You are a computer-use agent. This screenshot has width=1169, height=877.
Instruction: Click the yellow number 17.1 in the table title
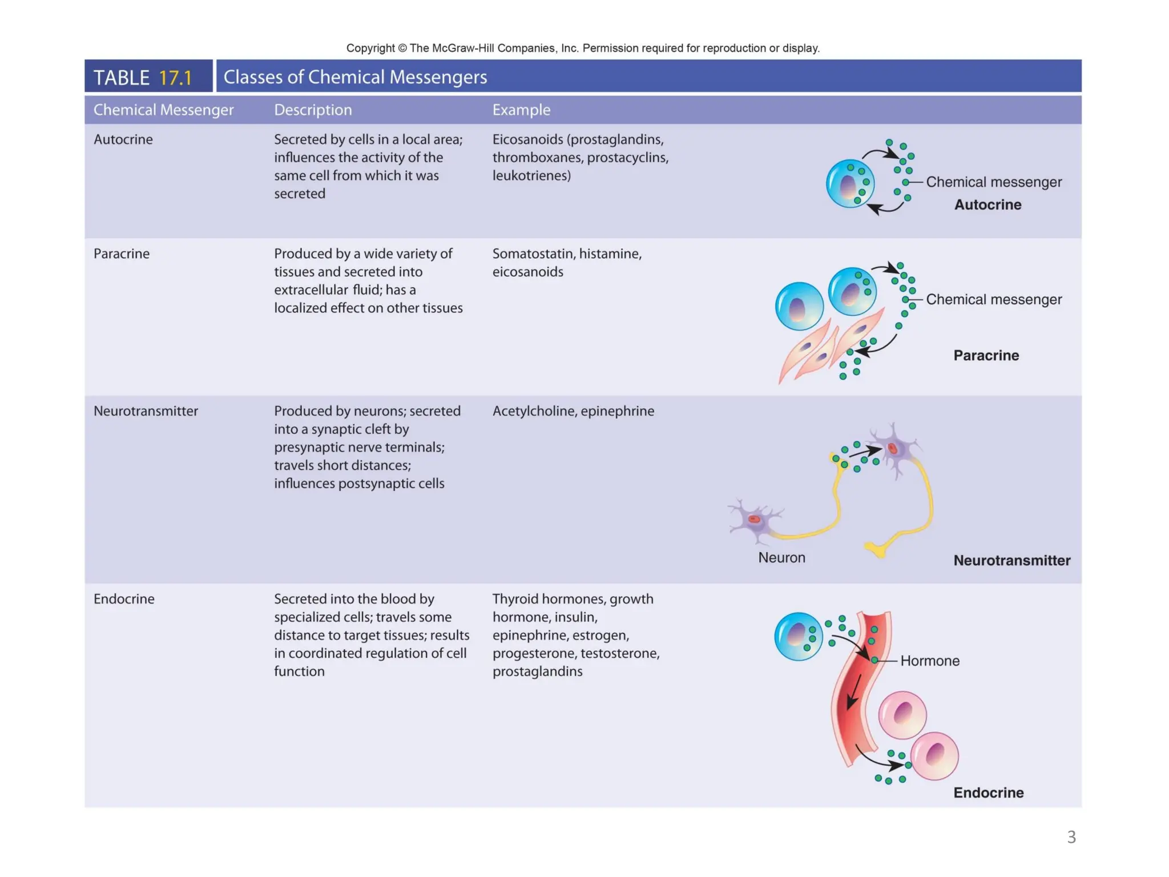175,78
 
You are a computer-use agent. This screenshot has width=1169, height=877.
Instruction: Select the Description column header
313,110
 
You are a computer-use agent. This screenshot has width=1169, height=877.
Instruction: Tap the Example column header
521,110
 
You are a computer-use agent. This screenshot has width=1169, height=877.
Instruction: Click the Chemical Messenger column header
163,110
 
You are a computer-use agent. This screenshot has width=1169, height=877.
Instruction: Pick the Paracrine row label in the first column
122,254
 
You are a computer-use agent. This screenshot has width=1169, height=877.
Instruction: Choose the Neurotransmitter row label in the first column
146,411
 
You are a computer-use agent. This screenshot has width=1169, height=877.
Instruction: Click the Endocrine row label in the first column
124,599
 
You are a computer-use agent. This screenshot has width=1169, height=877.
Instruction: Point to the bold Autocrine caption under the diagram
987,204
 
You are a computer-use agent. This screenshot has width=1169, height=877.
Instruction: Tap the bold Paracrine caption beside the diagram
986,355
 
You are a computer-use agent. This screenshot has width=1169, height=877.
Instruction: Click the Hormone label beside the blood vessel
929,661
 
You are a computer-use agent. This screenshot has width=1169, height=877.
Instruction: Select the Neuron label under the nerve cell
781,557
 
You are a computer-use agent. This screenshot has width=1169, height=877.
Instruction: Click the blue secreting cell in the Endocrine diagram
798,636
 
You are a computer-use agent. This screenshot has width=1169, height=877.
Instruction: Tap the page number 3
1071,837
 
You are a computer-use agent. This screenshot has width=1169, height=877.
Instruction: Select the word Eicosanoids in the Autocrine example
527,139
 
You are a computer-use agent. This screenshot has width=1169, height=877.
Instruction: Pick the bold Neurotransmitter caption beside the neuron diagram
1011,560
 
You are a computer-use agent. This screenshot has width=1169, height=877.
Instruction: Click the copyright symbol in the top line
402,48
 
